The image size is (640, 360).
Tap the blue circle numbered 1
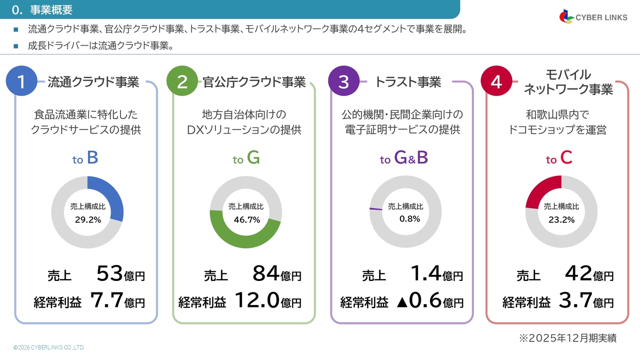pyautogui.click(x=20, y=81)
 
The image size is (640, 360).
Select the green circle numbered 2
pyautogui.click(x=182, y=81)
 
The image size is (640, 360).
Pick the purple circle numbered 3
pyautogui.click(x=343, y=81)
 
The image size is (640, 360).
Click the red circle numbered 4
pyautogui.click(x=496, y=81)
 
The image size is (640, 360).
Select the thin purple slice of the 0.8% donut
pyautogui.click(x=375, y=208)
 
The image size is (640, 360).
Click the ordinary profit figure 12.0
pyautogui.click(x=256, y=300)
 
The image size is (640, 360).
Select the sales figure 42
pyautogui.click(x=578, y=273)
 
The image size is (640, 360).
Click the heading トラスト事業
pyautogui.click(x=407, y=82)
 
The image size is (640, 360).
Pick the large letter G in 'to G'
pyautogui.click(x=253, y=158)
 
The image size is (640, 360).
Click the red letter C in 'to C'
pyautogui.click(x=566, y=158)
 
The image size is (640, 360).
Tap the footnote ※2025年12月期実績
pyautogui.click(x=567, y=338)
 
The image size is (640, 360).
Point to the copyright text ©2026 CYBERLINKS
pyautogui.click(x=49, y=347)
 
